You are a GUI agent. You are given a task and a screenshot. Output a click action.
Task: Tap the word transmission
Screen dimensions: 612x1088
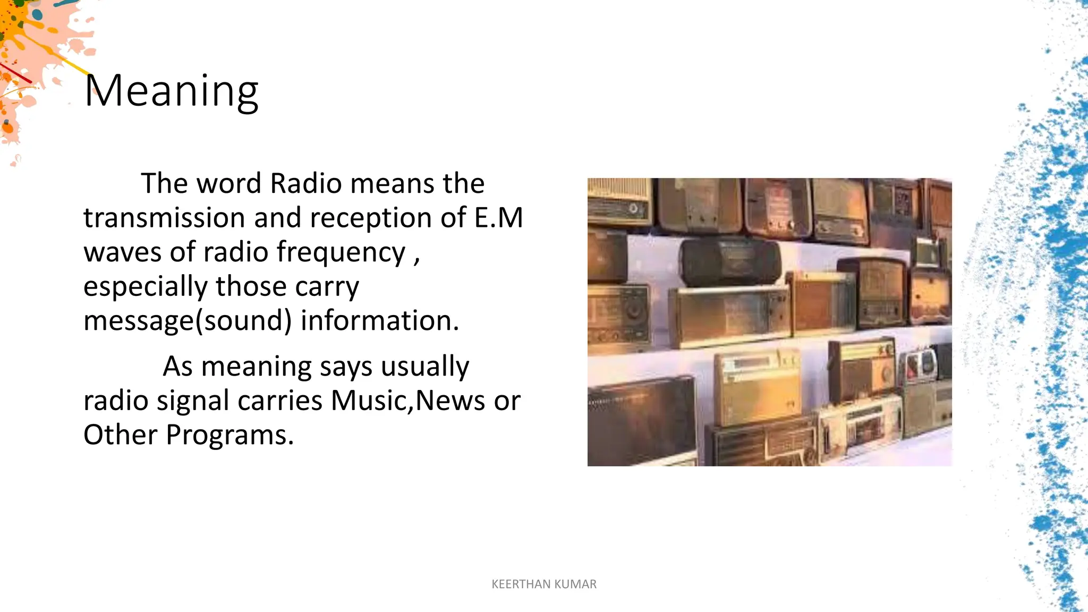(164, 218)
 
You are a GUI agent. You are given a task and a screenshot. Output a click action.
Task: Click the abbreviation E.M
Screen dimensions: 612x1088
(498, 218)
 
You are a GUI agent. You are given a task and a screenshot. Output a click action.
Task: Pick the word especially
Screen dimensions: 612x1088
(145, 287)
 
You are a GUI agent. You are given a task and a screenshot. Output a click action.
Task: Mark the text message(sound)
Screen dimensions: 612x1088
(188, 321)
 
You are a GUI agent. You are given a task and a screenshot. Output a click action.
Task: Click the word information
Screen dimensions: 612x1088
(379, 321)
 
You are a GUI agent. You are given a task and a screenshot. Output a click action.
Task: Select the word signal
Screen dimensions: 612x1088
(193, 401)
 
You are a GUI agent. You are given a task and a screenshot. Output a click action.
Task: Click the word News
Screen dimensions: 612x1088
(450, 401)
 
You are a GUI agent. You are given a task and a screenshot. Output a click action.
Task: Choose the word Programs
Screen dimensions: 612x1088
(229, 435)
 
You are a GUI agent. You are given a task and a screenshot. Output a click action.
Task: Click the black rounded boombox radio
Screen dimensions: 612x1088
(731, 261)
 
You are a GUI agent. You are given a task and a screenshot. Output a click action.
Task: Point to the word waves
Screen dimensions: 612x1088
(122, 252)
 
